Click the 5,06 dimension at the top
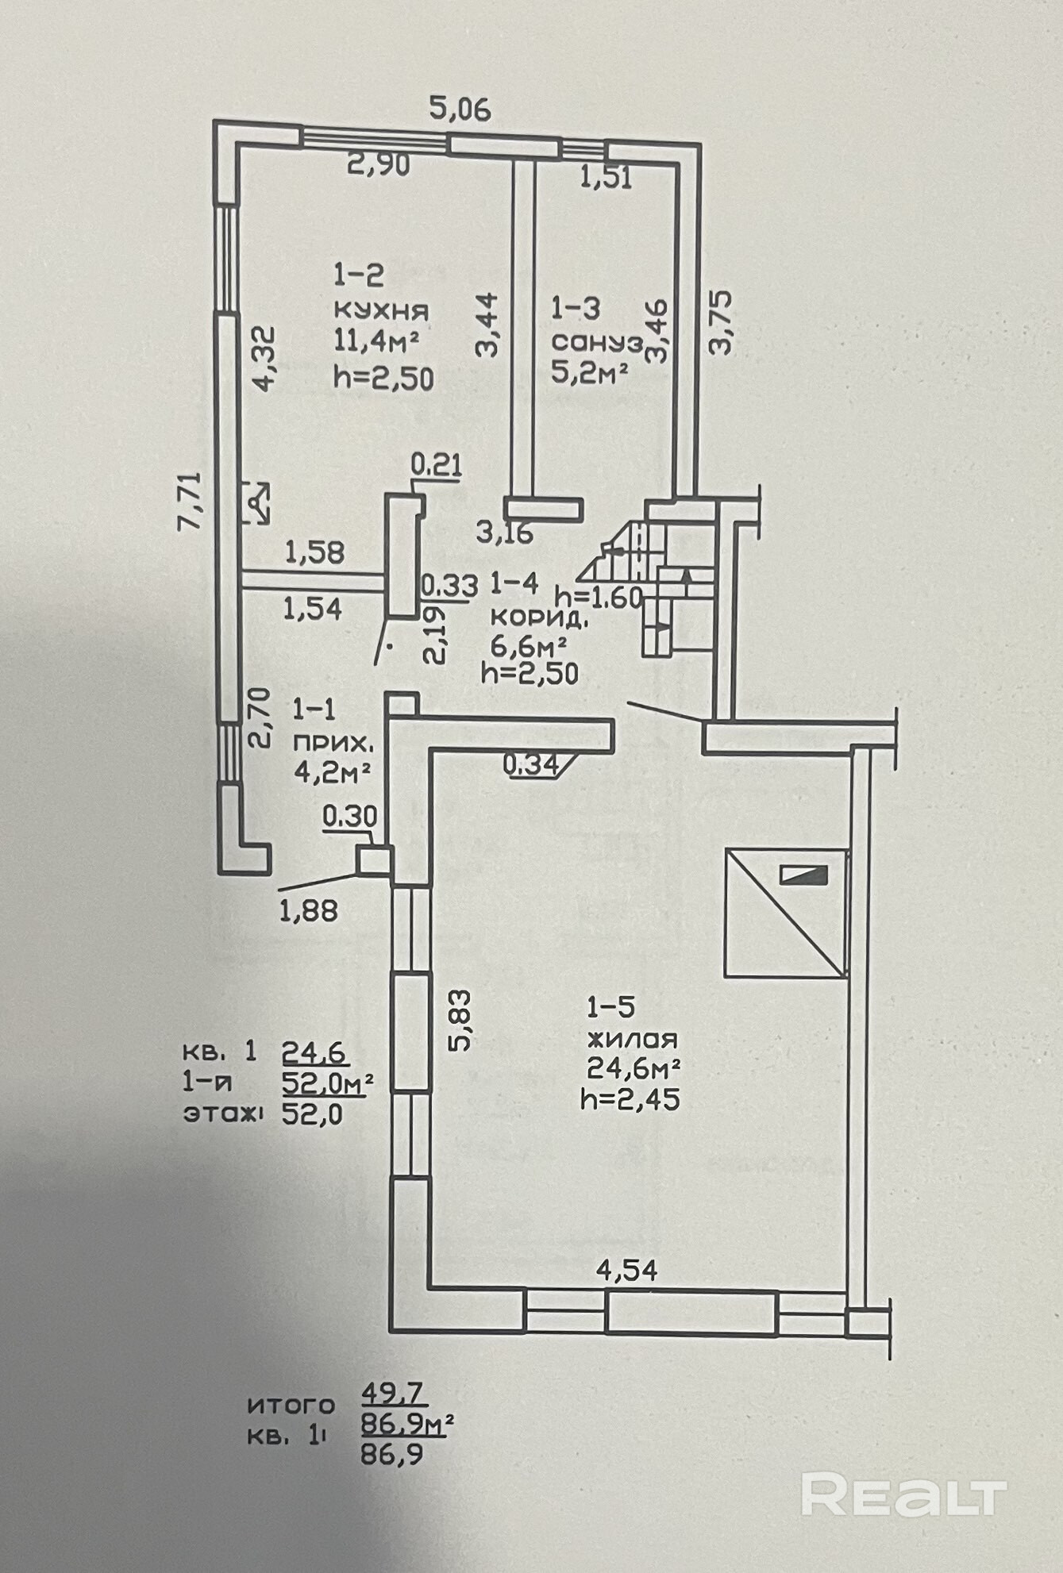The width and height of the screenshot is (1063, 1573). click(x=460, y=107)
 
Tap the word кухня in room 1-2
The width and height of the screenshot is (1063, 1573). click(x=381, y=310)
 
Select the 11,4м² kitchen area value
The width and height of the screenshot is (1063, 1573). click(x=376, y=343)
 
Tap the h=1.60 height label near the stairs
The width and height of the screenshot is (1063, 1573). click(x=598, y=597)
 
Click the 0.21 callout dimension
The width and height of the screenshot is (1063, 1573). click(x=436, y=464)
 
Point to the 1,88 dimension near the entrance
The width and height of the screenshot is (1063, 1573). click(x=308, y=910)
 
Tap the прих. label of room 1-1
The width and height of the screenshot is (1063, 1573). click(x=331, y=743)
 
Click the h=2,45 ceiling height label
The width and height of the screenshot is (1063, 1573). click(x=630, y=1100)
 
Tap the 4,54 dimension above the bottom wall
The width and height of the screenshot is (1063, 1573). click(x=627, y=1271)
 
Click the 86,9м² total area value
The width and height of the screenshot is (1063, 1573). click(x=407, y=1426)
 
